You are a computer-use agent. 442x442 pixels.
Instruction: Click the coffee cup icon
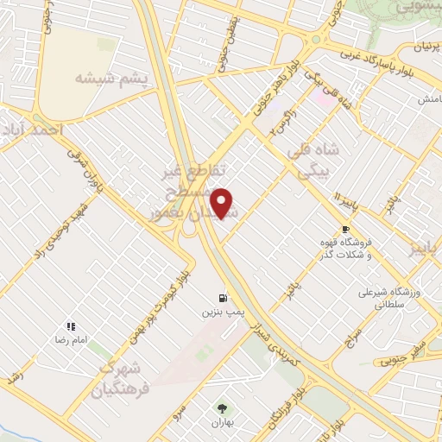coord(345,229)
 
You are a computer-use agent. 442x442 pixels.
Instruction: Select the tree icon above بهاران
coord(224,408)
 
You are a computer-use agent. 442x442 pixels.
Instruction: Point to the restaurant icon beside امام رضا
coord(71,327)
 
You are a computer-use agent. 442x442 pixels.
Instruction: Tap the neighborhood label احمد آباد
coord(33,129)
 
